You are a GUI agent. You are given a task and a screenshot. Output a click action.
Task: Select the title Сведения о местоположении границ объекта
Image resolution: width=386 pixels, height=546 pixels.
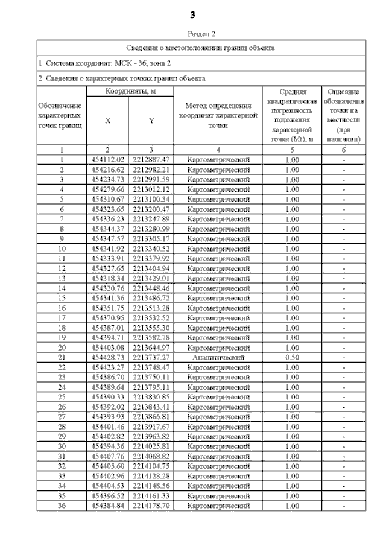pos(201,47)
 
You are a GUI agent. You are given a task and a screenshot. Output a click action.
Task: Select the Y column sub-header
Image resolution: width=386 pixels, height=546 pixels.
pos(151,120)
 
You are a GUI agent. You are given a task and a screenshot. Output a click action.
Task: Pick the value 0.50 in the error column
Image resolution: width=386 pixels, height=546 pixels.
pos(292,357)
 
